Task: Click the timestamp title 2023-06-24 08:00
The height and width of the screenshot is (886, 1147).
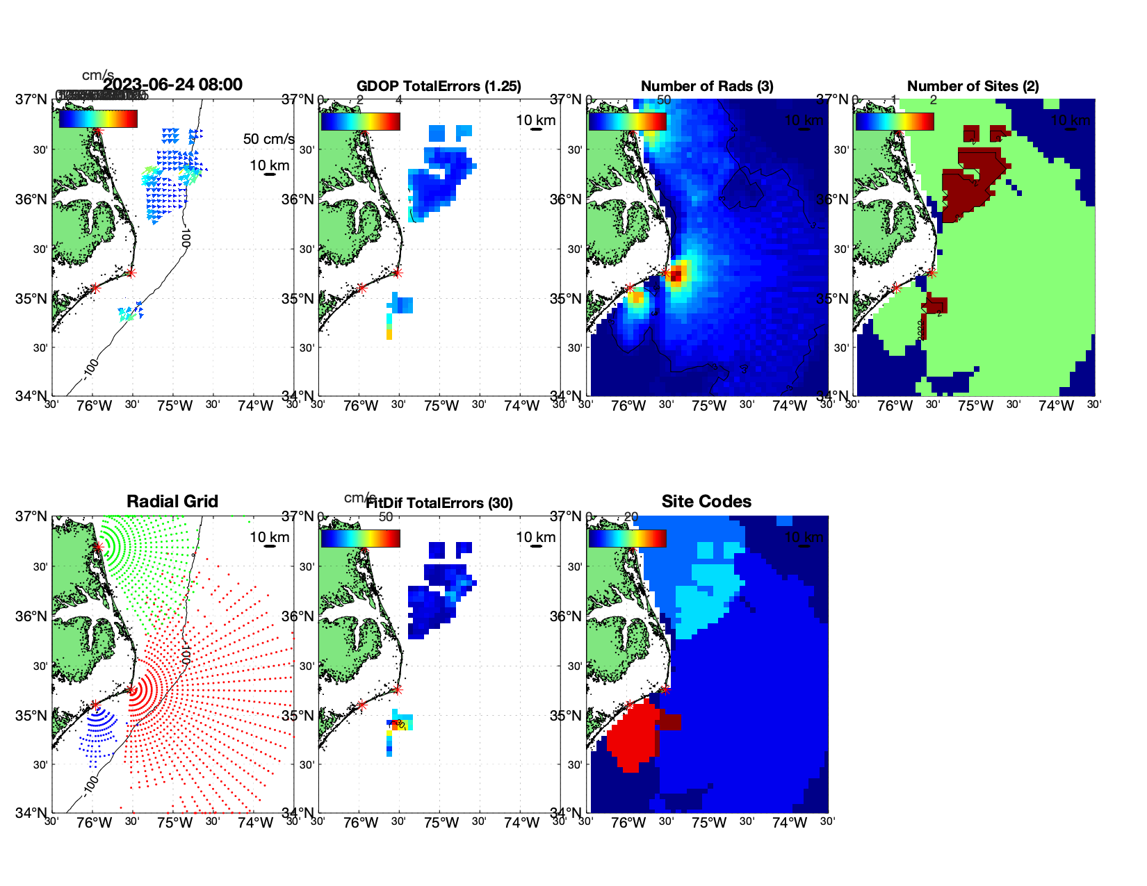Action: [173, 85]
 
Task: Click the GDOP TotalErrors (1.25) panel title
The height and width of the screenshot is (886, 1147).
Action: [439, 86]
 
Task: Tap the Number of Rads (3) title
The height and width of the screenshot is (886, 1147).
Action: [707, 86]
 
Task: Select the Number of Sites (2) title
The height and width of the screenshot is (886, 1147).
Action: [973, 86]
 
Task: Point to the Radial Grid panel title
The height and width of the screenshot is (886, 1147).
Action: [172, 502]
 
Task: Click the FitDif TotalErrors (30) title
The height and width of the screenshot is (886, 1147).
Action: [439, 503]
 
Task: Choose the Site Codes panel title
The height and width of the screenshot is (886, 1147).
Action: [706, 502]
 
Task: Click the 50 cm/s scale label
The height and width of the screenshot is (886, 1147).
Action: [268, 139]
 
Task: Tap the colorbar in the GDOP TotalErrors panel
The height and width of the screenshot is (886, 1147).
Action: [360, 122]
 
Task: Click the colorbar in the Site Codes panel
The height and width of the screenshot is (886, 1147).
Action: [627, 539]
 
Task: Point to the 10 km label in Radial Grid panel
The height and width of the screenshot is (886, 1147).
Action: [269, 537]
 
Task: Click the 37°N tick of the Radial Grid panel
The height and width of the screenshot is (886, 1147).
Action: [32, 516]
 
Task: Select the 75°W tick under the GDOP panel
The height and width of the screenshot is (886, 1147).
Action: [441, 407]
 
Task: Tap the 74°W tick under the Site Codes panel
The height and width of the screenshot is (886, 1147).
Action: [790, 823]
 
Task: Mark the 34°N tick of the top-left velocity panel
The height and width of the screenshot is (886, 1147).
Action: [32, 396]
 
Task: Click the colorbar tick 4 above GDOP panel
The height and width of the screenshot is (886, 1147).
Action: [399, 100]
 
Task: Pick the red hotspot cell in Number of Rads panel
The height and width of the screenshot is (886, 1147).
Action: [675, 276]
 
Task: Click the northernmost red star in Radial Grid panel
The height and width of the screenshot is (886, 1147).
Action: [98, 547]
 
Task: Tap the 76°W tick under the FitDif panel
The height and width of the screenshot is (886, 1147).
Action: [361, 823]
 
